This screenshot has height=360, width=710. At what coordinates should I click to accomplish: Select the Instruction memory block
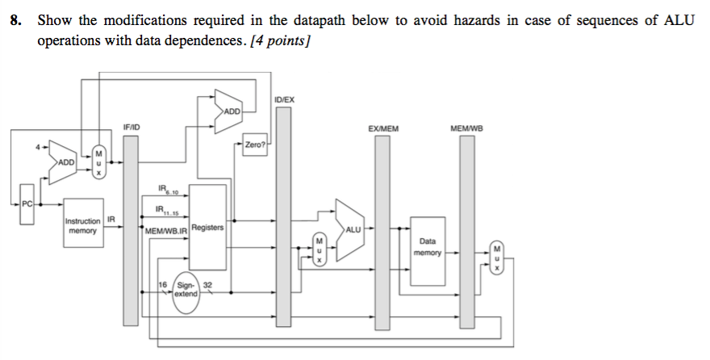(83, 225)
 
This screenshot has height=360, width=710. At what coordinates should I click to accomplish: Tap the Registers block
(207, 228)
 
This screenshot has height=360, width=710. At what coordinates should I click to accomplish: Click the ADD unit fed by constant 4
(63, 161)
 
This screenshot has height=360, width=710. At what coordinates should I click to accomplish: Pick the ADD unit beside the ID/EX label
(228, 111)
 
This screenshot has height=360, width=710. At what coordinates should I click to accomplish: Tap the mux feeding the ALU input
(319, 250)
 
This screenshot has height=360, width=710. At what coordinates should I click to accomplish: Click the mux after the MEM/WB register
(497, 257)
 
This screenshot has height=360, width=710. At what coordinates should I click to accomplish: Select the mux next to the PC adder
(98, 161)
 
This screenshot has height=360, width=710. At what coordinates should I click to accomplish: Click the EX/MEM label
(382, 128)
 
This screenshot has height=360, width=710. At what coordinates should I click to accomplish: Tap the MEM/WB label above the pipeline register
(466, 128)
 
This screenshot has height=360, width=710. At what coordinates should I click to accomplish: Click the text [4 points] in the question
(282, 40)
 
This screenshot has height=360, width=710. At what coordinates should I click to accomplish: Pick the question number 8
(15, 22)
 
